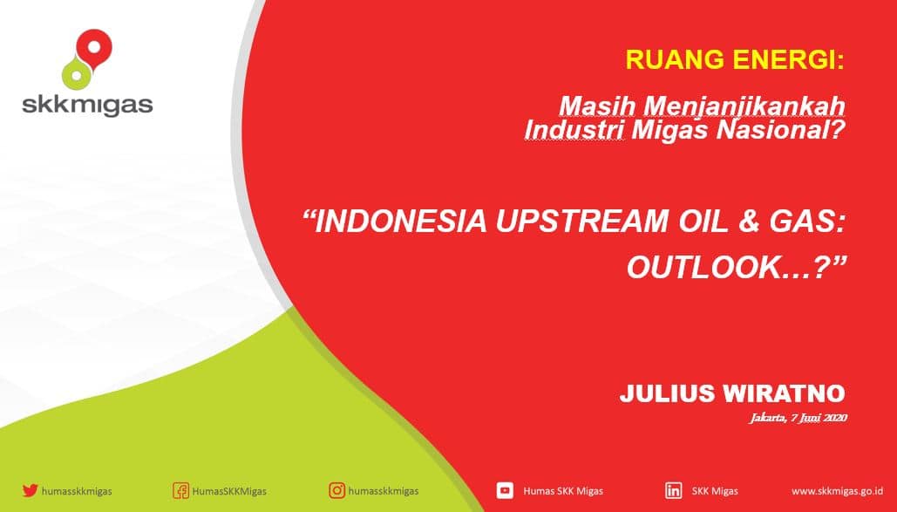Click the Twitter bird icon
30,490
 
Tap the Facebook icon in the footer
180,491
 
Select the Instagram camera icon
337,490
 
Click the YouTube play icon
505,490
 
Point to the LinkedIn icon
673,491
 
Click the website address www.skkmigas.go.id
837,491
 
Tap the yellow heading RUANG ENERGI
735,59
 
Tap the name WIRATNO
784,393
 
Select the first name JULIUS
667,393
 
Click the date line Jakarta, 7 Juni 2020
798,418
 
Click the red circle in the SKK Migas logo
94,46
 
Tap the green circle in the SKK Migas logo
77,72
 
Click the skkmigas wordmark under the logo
87,105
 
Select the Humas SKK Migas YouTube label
563,491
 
